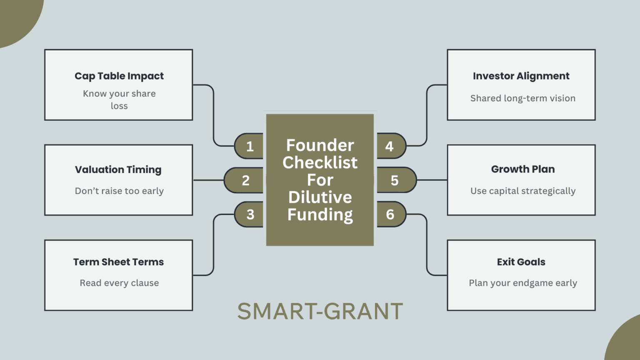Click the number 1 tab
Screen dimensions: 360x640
click(x=250, y=146)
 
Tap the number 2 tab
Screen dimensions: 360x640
click(x=245, y=180)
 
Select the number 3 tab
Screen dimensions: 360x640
click(x=250, y=215)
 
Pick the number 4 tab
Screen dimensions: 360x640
click(x=390, y=146)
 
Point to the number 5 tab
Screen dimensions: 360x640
click(x=395, y=180)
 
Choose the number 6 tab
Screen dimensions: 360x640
click(x=390, y=215)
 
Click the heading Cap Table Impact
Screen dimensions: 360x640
click(x=119, y=76)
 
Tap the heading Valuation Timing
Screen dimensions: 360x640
click(x=118, y=170)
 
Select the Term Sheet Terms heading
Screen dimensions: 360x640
click(x=119, y=262)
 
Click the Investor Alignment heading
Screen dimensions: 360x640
click(x=521, y=76)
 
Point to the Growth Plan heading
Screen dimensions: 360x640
click(x=522, y=169)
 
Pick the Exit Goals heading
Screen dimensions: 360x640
click(x=521, y=262)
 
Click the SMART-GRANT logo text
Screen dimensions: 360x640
click(x=320, y=311)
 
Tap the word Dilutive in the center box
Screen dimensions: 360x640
click(x=320, y=197)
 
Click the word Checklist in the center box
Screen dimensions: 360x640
click(x=320, y=162)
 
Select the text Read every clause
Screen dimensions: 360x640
click(x=119, y=283)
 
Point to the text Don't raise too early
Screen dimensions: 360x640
click(x=119, y=191)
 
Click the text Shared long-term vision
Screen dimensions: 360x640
click(x=522, y=98)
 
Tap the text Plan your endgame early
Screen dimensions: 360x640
click(x=522, y=283)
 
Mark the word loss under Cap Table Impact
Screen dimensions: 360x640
click(x=119, y=106)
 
